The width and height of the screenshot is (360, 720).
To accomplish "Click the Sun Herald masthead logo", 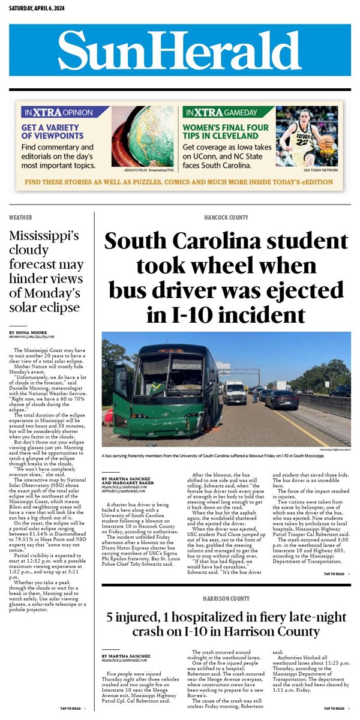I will pos(180,50).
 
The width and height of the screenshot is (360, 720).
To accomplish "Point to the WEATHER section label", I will pos(20,217).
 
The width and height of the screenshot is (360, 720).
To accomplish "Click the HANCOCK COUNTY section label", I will pos(226,217).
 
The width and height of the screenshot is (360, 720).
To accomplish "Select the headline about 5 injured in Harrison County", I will pos(226,624).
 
